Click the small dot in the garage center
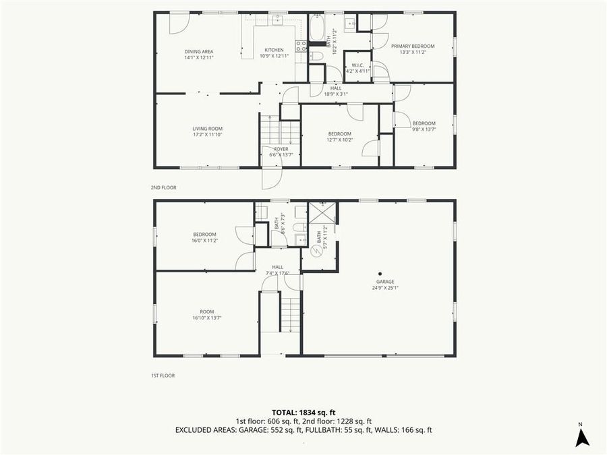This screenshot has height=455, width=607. tap(380, 274)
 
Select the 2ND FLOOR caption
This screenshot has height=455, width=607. tap(163, 187)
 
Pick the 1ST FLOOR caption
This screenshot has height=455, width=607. tap(163, 375)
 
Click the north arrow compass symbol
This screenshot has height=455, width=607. tap(582, 437)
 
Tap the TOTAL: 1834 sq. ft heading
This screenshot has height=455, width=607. tap(303, 411)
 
